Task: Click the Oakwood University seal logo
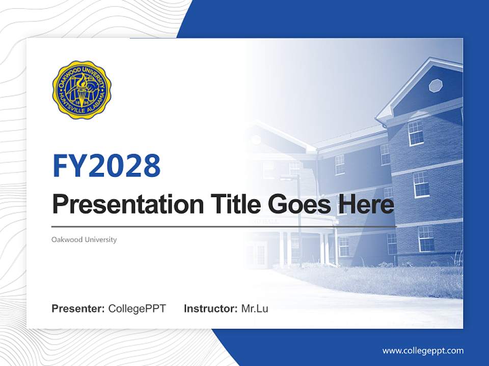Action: (82, 90)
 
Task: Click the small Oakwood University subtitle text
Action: (84, 239)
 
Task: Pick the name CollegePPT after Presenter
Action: (137, 309)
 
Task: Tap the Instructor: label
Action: (210, 309)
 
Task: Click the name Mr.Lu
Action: (255, 309)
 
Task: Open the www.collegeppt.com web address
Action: (423, 351)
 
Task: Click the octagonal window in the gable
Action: (436, 85)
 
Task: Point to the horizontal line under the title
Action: (224, 226)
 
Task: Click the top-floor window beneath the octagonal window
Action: (416, 133)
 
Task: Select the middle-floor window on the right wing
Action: (421, 184)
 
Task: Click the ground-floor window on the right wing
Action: (426, 238)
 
